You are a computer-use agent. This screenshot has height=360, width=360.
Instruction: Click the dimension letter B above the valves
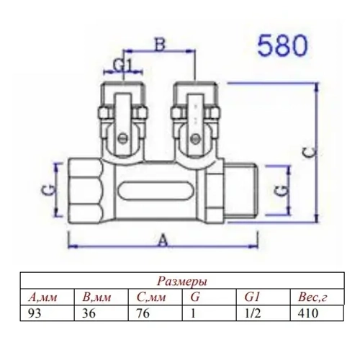pyautogui.click(x=161, y=45)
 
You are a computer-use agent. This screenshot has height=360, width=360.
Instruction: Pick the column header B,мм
pyautogui.click(x=98, y=296)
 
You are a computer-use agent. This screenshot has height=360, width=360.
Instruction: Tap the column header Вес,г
pyautogui.click(x=311, y=296)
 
